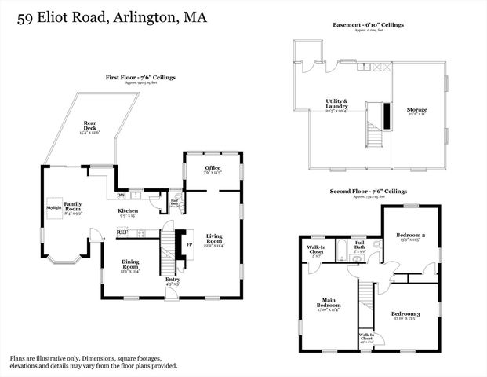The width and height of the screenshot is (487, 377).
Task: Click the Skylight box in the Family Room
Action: click(x=53, y=207)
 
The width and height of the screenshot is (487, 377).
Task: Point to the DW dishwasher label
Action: click(x=122, y=196)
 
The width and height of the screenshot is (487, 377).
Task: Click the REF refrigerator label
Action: click(x=122, y=232)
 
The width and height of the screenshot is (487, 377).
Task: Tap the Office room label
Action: click(x=212, y=169)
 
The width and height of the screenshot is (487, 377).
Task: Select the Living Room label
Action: click(x=215, y=239)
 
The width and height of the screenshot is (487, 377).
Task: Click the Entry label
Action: click(x=173, y=280)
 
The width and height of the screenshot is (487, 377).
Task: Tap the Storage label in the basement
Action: click(x=416, y=111)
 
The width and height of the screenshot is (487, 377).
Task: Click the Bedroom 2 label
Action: click(x=411, y=236)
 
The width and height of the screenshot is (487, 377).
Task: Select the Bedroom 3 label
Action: click(x=406, y=315)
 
